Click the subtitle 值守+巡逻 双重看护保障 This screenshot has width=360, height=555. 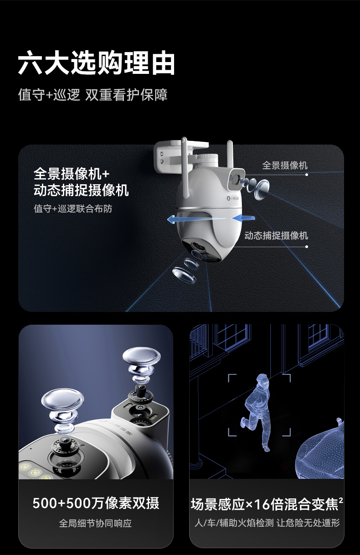coord(93,95)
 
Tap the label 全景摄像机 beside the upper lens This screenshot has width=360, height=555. coord(285,165)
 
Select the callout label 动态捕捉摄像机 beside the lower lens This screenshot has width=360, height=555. coord(276,236)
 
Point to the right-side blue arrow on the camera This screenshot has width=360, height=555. coord(243,218)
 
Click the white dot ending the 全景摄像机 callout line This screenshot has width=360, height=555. coord(307,175)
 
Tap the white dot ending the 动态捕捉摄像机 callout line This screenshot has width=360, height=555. coord(307,247)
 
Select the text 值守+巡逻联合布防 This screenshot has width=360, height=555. coord(73,208)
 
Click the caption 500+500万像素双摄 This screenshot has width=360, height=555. coord(96,503)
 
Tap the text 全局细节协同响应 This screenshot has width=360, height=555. coord(95,523)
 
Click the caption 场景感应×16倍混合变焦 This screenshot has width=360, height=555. coord(264,504)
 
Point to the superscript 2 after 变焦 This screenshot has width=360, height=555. coord(341,500)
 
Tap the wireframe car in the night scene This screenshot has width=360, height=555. coord(321,453)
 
